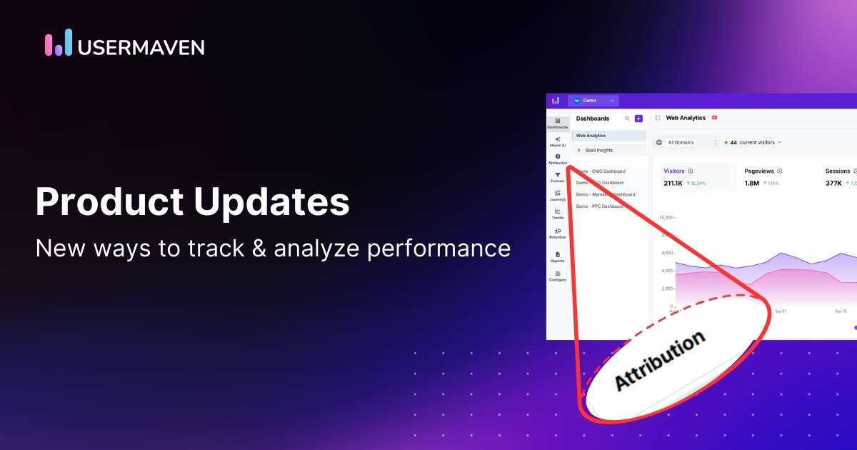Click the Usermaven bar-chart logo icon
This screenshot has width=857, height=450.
coord(59,42)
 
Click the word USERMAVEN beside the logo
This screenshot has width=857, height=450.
coord(141,47)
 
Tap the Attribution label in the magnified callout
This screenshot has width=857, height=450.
coord(659,361)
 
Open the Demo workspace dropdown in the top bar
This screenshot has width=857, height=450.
coord(593,101)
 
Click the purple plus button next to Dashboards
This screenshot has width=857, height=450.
coord(638,119)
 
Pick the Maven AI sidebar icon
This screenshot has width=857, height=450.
coord(558,141)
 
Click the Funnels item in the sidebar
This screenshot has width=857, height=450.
coord(558,177)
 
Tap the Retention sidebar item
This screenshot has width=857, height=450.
coord(558,233)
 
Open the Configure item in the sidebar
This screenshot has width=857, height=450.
coord(558,276)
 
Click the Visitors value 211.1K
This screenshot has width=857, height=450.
coord(673,184)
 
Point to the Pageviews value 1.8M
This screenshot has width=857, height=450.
coord(751,184)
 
